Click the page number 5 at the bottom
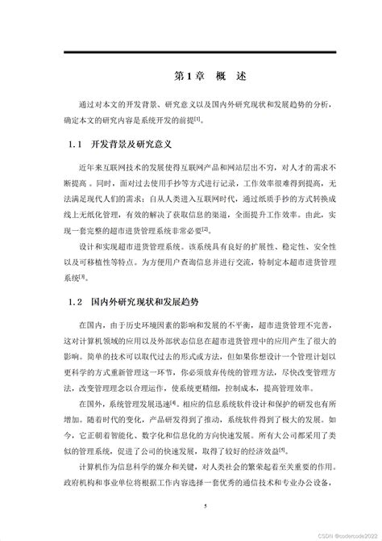coord(206,506)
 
